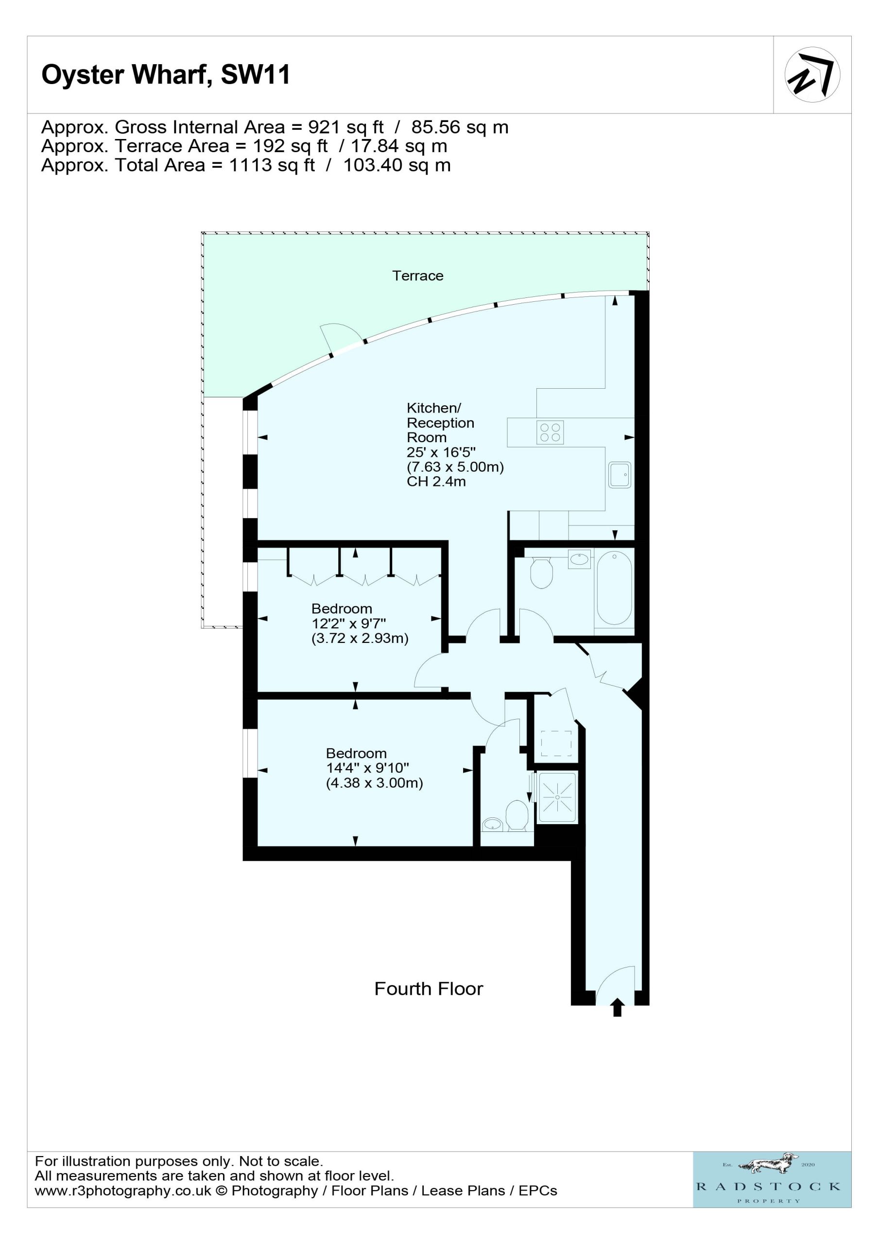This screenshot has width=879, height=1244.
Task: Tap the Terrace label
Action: [418, 276]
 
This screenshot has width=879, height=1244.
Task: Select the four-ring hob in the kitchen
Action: [550, 432]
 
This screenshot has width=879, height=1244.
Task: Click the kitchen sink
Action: [620, 475]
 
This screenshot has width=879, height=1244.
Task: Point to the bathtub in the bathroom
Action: [614, 588]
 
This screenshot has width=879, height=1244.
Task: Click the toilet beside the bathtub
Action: [541, 572]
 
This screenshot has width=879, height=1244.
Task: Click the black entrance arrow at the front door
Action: [617, 1008]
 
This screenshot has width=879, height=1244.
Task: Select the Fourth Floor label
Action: [429, 989]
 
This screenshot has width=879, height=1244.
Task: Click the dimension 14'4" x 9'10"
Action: [367, 768]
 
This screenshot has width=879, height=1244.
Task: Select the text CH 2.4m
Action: [436, 482]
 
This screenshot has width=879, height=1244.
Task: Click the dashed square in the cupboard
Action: [556, 743]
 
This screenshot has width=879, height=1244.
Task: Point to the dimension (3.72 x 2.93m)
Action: [360, 638]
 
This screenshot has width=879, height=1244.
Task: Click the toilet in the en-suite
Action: [517, 815]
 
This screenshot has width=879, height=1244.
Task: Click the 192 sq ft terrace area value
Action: [291, 146]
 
